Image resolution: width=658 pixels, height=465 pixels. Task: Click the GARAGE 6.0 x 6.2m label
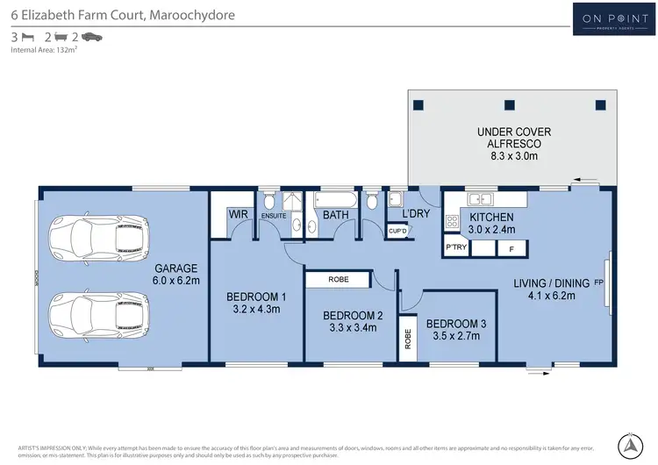[x=177, y=275]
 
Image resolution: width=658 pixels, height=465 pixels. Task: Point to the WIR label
[x=237, y=214]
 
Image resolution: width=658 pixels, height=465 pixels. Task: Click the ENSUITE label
[x=274, y=215]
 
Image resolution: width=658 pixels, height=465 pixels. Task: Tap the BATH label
[x=336, y=214]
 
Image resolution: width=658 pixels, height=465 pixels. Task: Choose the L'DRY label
[x=415, y=214]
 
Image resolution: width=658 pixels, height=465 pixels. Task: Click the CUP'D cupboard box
[x=397, y=231]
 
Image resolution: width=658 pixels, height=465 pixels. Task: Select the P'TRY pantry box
[x=455, y=247]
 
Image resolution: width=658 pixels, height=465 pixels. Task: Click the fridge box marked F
[x=511, y=248]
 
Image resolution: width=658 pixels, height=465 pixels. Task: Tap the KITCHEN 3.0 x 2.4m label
[x=492, y=223]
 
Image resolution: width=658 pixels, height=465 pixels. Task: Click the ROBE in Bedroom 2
[x=338, y=279]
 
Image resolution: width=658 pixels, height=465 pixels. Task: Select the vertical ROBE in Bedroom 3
[x=409, y=338]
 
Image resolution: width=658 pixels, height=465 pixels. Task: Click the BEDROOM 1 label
[x=252, y=302]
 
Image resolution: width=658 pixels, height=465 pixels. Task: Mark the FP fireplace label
[x=599, y=282]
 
